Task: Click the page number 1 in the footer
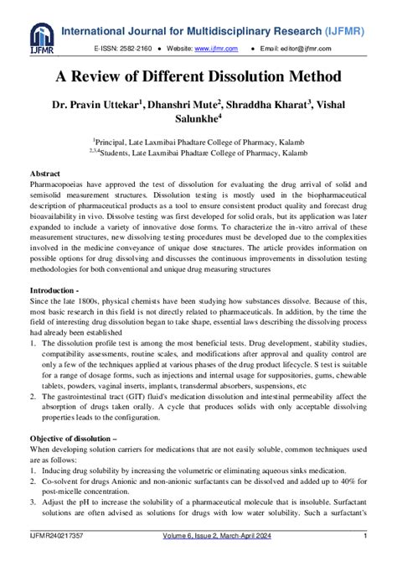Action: click(x=366, y=535)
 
